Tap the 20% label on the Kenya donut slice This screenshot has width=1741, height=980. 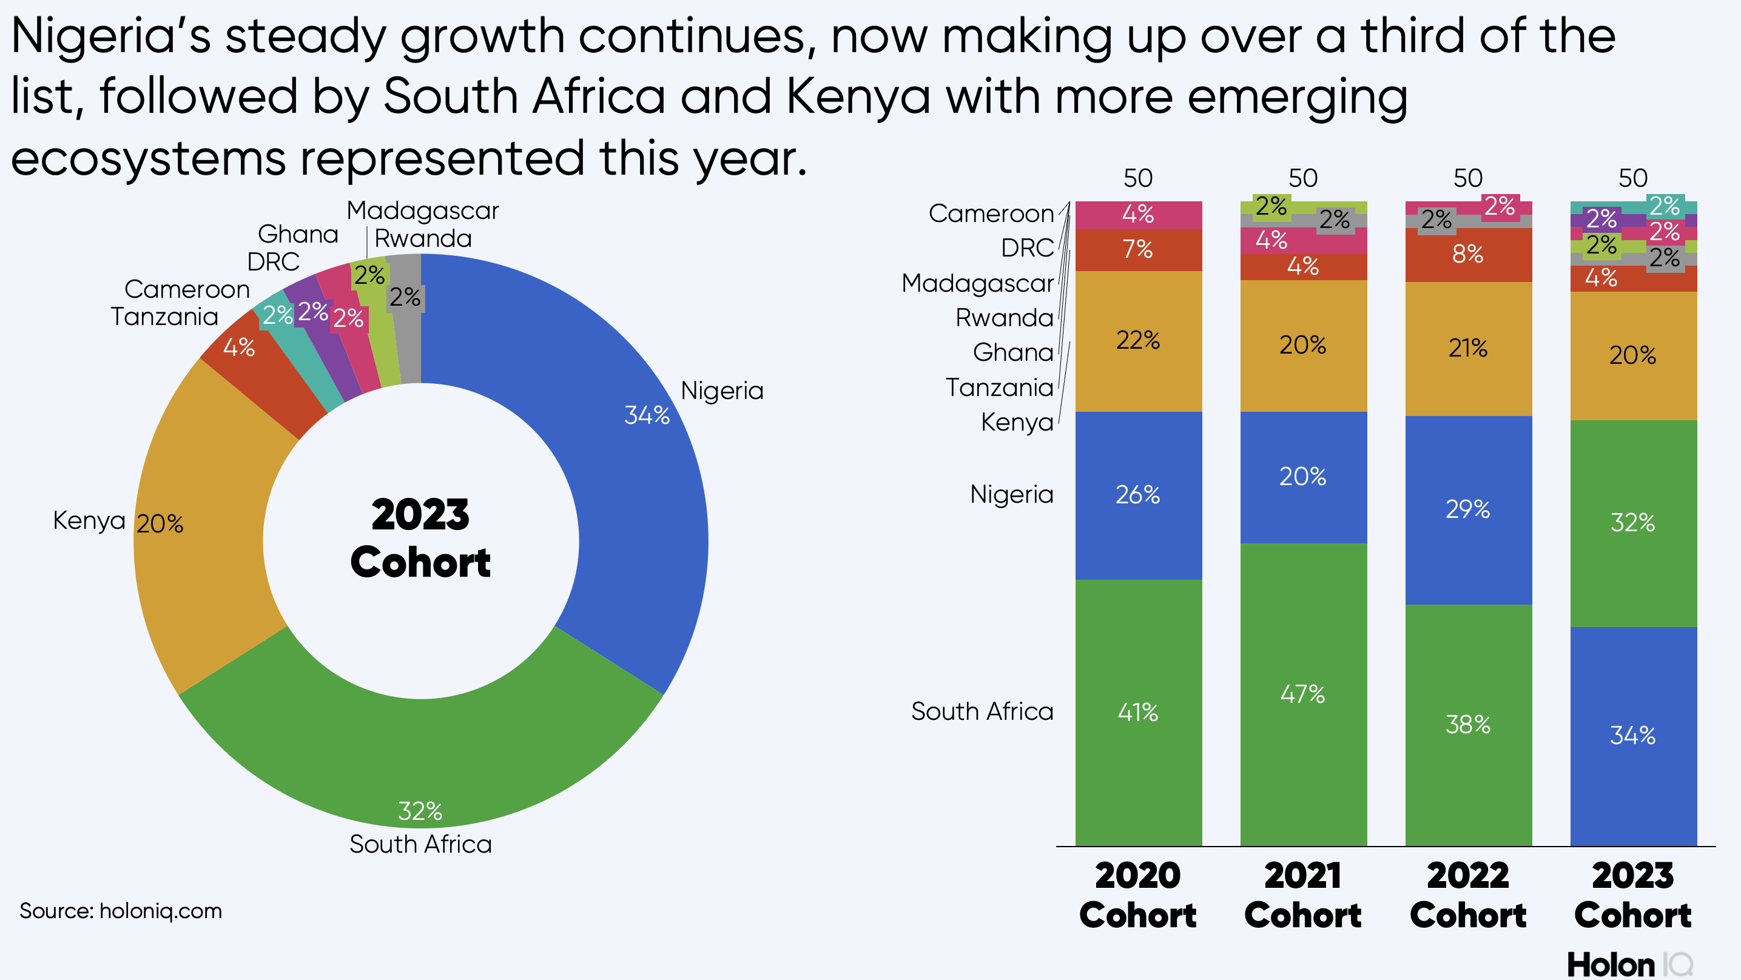160,524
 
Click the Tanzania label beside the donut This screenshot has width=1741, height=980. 164,317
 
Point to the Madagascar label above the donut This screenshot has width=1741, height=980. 422,211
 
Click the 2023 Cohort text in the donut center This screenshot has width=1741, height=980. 420,539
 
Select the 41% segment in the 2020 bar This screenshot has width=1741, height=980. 1138,713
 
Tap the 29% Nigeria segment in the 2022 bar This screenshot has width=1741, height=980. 1468,509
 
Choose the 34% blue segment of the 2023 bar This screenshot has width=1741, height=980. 1633,736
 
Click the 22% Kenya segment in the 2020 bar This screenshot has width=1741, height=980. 1138,340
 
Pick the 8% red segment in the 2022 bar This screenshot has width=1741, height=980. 1468,255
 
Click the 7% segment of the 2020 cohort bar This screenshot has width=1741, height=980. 1138,249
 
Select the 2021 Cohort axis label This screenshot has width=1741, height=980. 1303,896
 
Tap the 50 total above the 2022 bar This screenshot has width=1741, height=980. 1468,178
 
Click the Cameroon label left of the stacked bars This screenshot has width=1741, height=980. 991,213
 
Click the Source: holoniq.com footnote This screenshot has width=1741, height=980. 120,911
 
